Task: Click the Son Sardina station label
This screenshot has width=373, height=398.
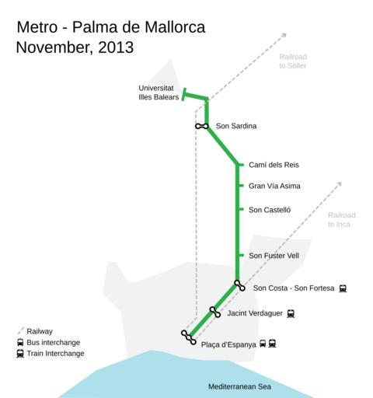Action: [x=236, y=126]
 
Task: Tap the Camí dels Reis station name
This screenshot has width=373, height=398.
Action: [x=274, y=165]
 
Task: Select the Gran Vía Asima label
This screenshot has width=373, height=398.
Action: [x=274, y=186]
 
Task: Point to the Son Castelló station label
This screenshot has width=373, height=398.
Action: [x=270, y=210]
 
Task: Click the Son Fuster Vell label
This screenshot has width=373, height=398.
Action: [x=274, y=256]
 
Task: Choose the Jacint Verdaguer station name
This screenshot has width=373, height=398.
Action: [x=255, y=313]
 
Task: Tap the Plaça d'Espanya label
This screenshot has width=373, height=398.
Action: [x=228, y=344]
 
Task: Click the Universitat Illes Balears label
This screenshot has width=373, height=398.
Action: [x=159, y=93]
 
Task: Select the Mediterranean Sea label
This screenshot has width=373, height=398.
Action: [x=239, y=386]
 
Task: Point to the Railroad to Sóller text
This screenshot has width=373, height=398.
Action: [x=293, y=61]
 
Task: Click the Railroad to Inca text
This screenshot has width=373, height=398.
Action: [x=342, y=220]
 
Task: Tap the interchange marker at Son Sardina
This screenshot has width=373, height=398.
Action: [x=202, y=126]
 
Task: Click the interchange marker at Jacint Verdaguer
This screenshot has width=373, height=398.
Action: [x=215, y=312]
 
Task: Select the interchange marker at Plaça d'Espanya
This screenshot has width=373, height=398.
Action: [x=189, y=337]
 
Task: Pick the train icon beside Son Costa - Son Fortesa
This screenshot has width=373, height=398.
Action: [x=343, y=288]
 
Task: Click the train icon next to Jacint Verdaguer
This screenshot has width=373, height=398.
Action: [x=291, y=314]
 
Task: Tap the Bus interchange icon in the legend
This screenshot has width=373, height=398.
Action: [x=20, y=343]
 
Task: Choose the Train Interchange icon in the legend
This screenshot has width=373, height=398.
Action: [x=20, y=354]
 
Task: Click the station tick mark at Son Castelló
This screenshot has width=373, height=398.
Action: [x=242, y=209]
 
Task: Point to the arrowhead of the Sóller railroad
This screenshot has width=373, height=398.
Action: [x=284, y=35]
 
